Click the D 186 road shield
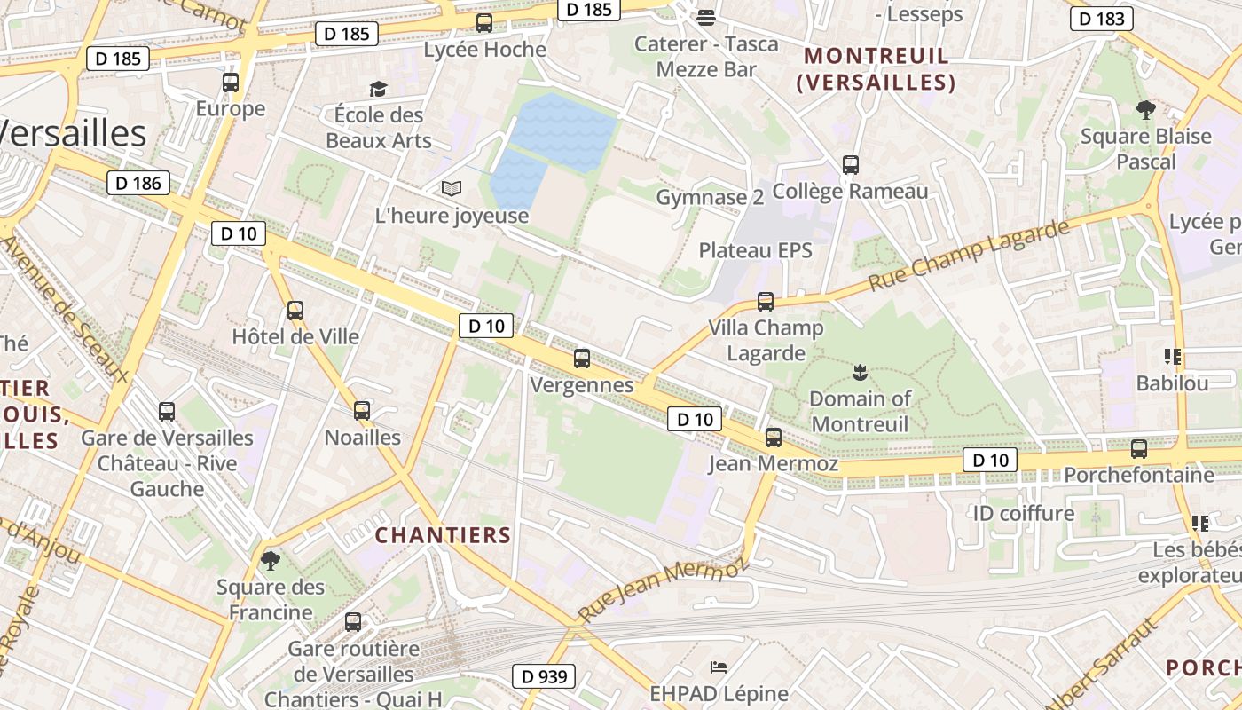pos(138,184)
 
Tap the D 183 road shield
pos(1102,19)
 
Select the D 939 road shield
pos(544,676)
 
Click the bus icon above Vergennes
pos(582,359)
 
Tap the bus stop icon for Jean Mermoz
pos(774,437)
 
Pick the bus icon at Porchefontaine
pos(1139,448)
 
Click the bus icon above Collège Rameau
pos(851,164)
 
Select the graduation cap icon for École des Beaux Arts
pos(379,89)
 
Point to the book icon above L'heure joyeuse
pos(452,188)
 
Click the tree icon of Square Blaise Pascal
pos(1145,110)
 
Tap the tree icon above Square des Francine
pos(271,560)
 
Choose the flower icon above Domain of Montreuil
pos(859,371)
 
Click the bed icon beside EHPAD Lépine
pos(719,667)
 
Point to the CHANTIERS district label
pos(443,535)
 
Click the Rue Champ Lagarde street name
pos(969,256)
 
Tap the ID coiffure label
pos(1023,513)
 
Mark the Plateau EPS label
pos(755,250)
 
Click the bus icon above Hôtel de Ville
pos(295,311)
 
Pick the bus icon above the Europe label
pos(231,83)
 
